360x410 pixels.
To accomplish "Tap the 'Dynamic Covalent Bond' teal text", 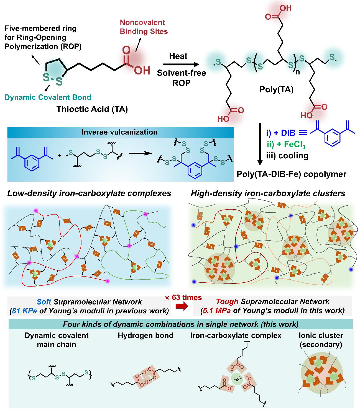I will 48,97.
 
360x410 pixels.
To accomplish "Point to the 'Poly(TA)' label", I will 276,90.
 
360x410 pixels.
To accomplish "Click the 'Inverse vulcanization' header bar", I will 119,132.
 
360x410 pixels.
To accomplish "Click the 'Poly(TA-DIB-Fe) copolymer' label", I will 291,174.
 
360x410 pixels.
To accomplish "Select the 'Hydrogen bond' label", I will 145,336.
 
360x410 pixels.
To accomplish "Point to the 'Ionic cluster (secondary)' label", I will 320,340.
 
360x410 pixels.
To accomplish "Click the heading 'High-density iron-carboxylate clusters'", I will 268,193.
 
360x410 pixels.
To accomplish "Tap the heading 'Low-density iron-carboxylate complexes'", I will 89,193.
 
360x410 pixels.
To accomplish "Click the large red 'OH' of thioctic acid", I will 142,70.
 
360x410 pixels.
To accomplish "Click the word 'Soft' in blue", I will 44,301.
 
